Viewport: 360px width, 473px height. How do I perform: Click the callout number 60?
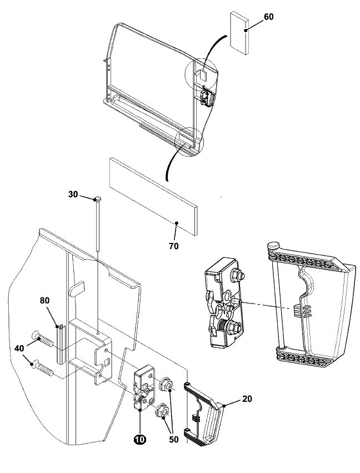pyautogui.click(x=268, y=17)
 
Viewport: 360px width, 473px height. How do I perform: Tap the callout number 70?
pyautogui.click(x=174, y=245)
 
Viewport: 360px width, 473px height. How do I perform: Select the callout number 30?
pyautogui.click(x=73, y=195)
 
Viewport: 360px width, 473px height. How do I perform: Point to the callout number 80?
pyautogui.click(x=45, y=301)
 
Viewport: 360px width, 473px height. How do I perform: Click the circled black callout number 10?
pyautogui.click(x=139, y=439)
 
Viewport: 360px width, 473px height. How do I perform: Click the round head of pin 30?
pyautogui.click(x=98, y=198)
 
